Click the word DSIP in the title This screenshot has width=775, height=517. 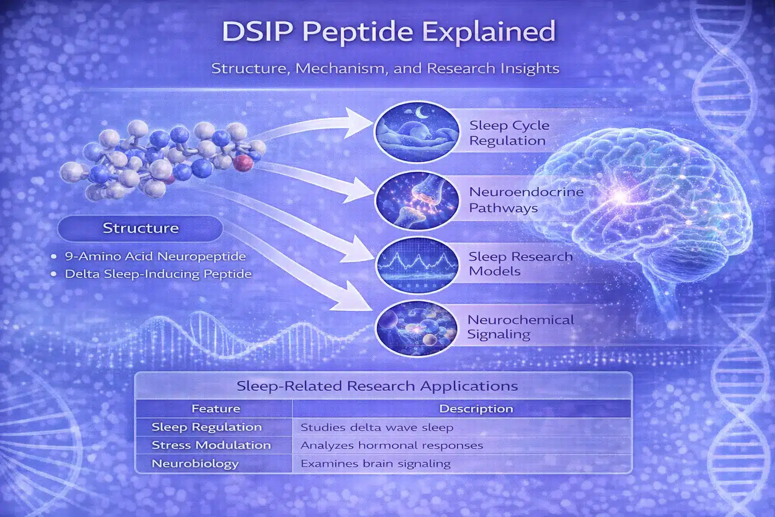(x=257, y=31)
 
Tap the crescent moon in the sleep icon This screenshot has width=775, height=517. (x=421, y=112)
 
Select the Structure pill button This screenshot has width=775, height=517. (x=140, y=228)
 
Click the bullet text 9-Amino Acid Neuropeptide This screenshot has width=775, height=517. (x=155, y=256)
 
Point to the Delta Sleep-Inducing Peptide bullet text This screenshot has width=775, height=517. (x=158, y=274)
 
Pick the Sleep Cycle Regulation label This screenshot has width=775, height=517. (x=509, y=133)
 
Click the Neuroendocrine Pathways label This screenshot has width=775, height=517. (x=526, y=200)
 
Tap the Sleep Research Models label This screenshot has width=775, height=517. (x=520, y=264)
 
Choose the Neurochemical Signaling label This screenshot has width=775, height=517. (x=520, y=327)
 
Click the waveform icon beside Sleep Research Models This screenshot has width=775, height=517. (x=417, y=265)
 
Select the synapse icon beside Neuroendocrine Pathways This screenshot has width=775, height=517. (x=417, y=201)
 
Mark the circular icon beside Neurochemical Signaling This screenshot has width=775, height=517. (x=417, y=328)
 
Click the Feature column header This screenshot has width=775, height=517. (x=216, y=408)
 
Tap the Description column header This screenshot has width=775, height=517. (x=476, y=408)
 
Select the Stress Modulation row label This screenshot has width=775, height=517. (x=211, y=445)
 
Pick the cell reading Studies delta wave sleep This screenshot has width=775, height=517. (x=377, y=427)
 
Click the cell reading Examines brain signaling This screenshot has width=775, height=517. (x=375, y=463)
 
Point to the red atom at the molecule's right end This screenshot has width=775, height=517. (x=243, y=163)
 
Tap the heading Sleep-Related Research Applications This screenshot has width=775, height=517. (x=377, y=386)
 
